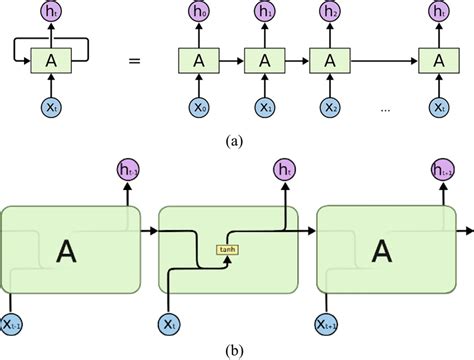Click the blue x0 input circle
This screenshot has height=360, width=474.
[201, 104]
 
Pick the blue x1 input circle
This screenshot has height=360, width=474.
[264, 104]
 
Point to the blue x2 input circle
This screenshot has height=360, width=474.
[327, 104]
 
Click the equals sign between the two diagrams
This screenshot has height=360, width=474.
[133, 60]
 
